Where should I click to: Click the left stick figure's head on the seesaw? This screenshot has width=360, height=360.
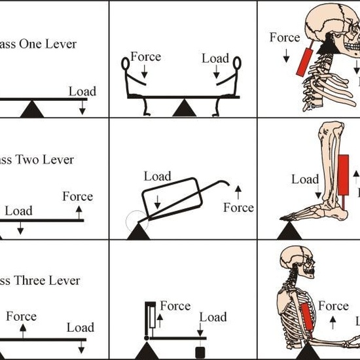[x=127, y=64]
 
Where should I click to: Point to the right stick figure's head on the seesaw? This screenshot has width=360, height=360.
[x=236, y=64]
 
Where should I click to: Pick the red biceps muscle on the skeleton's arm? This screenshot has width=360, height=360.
[x=308, y=314]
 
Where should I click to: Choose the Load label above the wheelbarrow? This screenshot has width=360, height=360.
[x=157, y=177]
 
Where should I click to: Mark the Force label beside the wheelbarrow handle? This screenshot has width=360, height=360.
[x=238, y=207]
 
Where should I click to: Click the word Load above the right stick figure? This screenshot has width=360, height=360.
[x=215, y=58]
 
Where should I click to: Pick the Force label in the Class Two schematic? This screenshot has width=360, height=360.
[x=77, y=196]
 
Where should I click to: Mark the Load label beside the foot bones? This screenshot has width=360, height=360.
[x=305, y=179]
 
